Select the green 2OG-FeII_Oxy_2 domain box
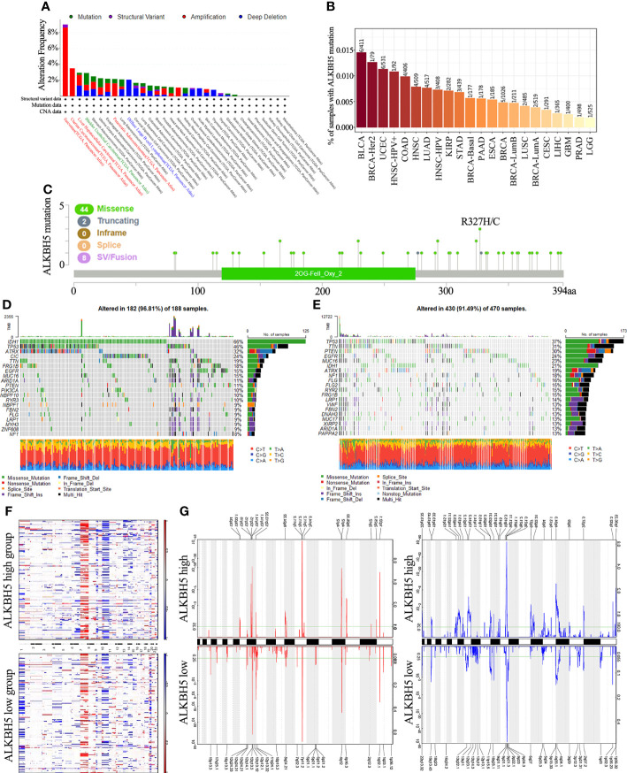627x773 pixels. pyautogui.click(x=318, y=275)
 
